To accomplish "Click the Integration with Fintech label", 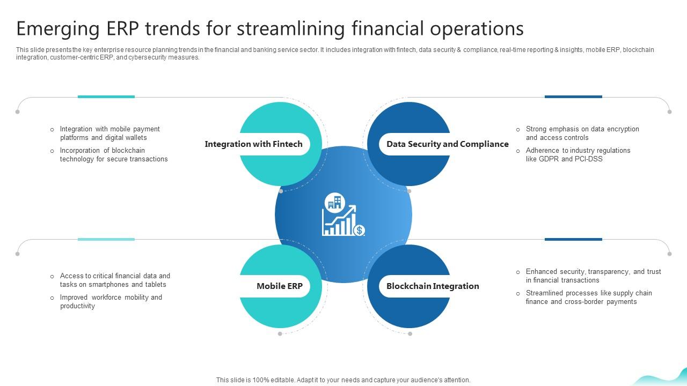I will (253, 144).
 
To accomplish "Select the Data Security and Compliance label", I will (447, 144).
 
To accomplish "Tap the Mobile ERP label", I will (279, 286).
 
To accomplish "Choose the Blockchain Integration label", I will (432, 286).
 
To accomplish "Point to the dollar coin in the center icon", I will (360, 230).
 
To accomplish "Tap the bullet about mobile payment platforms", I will (109, 133).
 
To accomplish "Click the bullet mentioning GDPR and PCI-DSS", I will (578, 155).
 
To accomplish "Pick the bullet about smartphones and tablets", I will (114, 280).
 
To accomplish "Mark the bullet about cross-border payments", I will (588, 298).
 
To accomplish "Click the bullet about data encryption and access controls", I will (582, 133).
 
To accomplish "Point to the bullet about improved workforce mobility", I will (111, 302).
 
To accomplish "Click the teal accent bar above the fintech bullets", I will (106, 97).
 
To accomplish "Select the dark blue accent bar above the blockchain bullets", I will (573, 240).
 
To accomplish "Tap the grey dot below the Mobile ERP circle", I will (280, 334).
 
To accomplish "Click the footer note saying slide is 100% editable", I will (343, 380).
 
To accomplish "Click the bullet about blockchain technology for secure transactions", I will (113, 155).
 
